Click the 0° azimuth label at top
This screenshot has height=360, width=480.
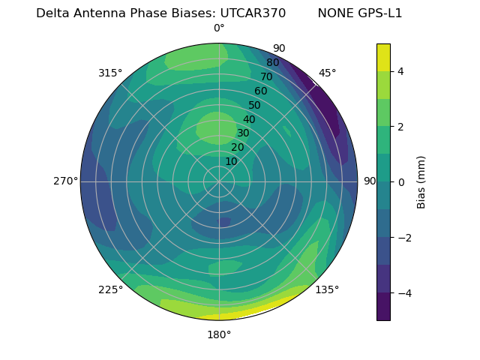tap(219, 28)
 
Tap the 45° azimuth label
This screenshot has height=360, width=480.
tap(327, 73)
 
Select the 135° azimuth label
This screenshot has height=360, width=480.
tap(327, 289)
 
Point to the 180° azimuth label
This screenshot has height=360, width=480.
tap(219, 334)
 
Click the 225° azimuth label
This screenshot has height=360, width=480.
tap(110, 289)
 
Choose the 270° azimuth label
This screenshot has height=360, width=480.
tap(65, 181)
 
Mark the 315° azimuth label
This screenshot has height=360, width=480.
tap(110, 73)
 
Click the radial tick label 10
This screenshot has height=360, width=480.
tap(231, 161)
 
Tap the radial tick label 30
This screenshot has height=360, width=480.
tap(243, 133)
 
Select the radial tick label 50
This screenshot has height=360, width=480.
tap(255, 105)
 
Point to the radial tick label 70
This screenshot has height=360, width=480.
tap(267, 76)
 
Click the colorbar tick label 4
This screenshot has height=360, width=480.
tap(401, 71)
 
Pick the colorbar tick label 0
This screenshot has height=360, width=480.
tap(401, 182)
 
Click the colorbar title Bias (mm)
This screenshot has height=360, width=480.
tap(421, 182)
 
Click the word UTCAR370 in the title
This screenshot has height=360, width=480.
tap(253, 13)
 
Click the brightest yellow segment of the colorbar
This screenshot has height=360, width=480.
tap(383, 57)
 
